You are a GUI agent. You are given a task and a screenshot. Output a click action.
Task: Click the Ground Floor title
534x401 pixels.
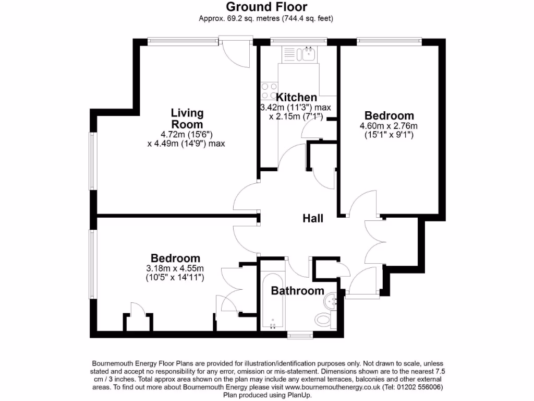pos(266,7)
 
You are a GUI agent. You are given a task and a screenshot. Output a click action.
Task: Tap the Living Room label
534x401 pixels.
pos(187,119)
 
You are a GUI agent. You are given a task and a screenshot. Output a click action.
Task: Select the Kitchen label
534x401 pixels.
pos(296,97)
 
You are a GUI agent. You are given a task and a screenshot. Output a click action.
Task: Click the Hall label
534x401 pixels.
pos(313,218)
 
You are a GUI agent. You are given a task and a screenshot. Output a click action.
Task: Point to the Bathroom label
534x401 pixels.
pos(297,291)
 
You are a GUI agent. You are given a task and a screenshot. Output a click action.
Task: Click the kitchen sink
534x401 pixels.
pos(306,53)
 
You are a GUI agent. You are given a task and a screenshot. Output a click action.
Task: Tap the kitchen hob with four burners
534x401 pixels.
pos(269,91)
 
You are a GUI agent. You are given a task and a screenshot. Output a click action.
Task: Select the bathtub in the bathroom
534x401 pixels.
pos(272,300)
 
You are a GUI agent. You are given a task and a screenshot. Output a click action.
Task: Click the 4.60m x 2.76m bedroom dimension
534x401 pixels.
pos(389,126)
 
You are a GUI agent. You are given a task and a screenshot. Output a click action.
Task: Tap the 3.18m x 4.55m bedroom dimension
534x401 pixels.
pos(175,268)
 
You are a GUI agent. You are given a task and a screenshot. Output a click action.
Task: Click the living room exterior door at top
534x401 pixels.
pos(236,52)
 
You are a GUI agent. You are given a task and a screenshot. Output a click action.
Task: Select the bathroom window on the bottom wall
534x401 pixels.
pos(299,334)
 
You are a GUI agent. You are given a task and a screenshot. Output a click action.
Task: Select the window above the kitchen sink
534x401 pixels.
pos(299,40)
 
